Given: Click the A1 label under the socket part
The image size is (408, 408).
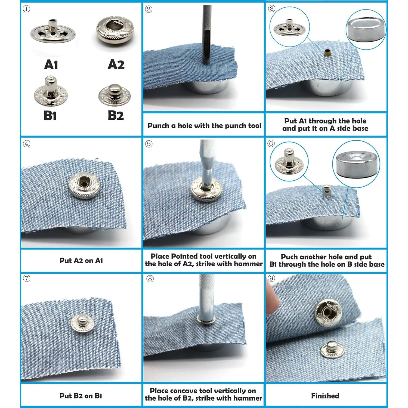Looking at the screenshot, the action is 51,65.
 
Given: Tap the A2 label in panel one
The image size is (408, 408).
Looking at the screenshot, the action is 116,64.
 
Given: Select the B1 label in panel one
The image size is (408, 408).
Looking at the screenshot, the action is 50,116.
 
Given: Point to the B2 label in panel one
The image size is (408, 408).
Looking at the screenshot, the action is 116,115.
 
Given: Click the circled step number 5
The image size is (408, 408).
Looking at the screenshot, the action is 149,144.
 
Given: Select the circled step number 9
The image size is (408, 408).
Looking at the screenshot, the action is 271,278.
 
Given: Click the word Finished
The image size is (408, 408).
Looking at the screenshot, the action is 325,396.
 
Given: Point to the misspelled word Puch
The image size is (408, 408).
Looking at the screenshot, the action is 290,257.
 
